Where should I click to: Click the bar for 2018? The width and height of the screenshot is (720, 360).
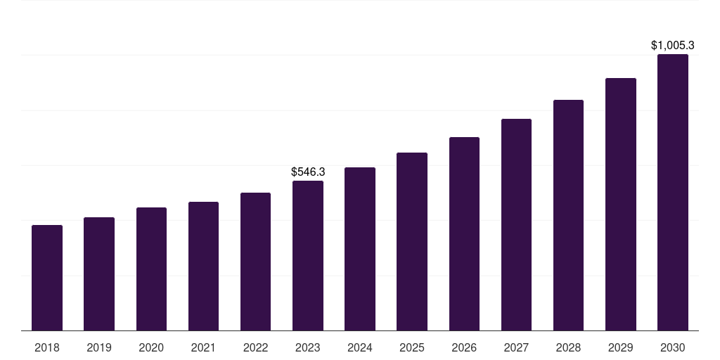(47, 278)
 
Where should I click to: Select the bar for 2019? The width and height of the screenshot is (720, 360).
(99, 274)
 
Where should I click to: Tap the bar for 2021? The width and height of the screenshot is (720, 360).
(203, 266)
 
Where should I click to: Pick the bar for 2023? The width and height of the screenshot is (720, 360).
(308, 256)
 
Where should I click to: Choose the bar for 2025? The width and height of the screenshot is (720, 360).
(412, 242)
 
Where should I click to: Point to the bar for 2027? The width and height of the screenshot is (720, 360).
(516, 225)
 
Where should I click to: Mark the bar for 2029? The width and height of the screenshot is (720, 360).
(621, 205)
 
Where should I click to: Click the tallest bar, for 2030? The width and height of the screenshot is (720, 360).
(673, 193)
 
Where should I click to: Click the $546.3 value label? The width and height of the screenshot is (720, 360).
(308, 172)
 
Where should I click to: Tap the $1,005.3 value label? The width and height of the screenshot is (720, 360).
(673, 46)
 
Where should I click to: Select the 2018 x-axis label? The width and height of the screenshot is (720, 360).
(47, 347)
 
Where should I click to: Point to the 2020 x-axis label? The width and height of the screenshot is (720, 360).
(151, 347)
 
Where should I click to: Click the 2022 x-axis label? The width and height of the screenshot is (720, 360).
(255, 347)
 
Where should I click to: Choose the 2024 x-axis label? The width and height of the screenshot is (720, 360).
(360, 347)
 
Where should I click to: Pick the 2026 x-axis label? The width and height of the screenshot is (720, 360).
(464, 347)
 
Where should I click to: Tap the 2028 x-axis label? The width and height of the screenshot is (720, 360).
(568, 347)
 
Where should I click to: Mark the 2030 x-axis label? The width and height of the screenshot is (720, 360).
(673, 347)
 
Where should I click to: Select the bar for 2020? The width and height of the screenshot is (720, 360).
(151, 269)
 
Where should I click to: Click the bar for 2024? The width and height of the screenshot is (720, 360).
(360, 249)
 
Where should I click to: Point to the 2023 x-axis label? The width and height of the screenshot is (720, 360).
(308, 347)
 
